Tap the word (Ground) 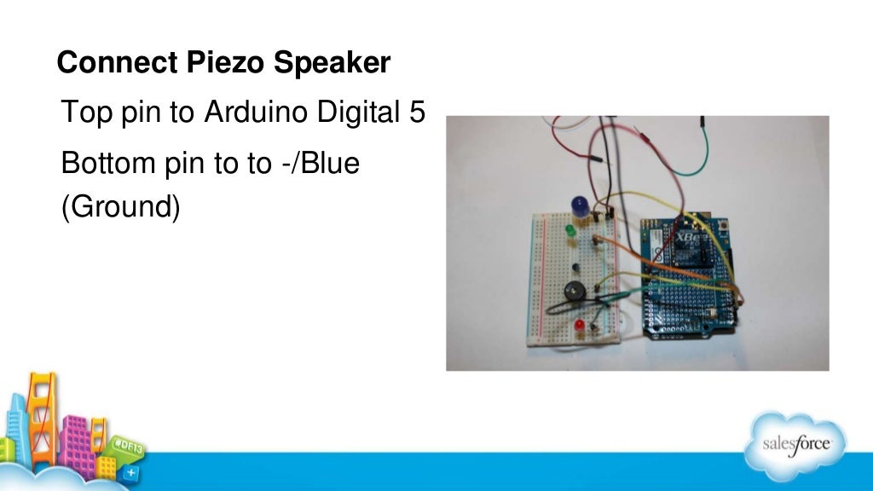(120, 207)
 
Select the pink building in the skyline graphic (76, 438)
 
